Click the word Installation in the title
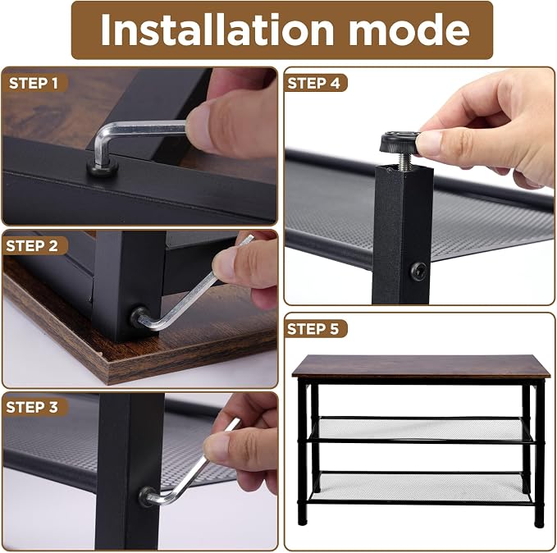[217, 30]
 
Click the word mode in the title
[409, 30]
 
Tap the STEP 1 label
[33, 84]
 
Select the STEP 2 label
[32, 246]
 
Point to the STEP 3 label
[32, 407]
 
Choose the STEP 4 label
[313, 84]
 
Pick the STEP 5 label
[313, 329]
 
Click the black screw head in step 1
[103, 167]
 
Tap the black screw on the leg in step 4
[419, 271]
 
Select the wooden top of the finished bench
[421, 366]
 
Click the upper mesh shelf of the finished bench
[421, 429]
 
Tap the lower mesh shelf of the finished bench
[422, 487]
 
